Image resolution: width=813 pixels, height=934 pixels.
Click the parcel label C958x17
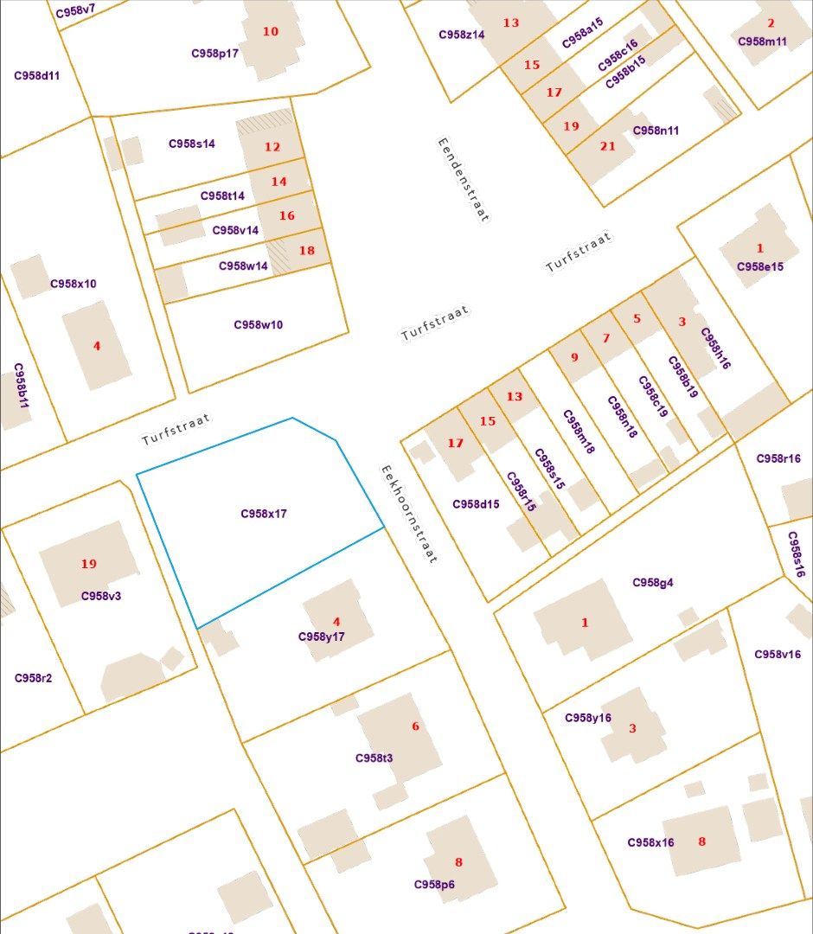[x=264, y=514]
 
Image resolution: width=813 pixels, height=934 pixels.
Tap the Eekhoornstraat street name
[x=408, y=514]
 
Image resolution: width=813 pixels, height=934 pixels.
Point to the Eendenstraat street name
[x=463, y=180]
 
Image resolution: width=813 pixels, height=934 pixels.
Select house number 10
[x=271, y=31]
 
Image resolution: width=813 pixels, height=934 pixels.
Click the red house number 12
[x=272, y=147]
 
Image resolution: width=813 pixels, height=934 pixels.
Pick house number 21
[x=608, y=146]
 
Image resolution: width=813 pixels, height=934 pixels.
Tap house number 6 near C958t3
[x=415, y=726]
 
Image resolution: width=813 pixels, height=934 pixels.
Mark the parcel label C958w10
[x=258, y=325]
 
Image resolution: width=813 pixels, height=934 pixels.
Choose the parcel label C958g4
[x=653, y=582]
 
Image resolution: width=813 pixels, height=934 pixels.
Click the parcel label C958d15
[x=476, y=504]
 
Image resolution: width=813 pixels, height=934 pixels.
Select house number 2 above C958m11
[x=771, y=23]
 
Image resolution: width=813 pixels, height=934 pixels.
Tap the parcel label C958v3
[x=101, y=596]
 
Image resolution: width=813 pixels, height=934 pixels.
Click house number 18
[x=307, y=251]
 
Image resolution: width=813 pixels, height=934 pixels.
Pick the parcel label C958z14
[x=462, y=35]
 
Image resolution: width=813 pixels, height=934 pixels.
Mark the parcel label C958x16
[x=650, y=842]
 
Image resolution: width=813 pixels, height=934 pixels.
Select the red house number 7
[x=606, y=338]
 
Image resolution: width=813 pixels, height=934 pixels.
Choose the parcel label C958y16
[x=588, y=718]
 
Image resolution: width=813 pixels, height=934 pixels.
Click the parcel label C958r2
[x=33, y=678]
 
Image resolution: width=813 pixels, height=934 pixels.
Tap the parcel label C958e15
[x=760, y=266]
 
